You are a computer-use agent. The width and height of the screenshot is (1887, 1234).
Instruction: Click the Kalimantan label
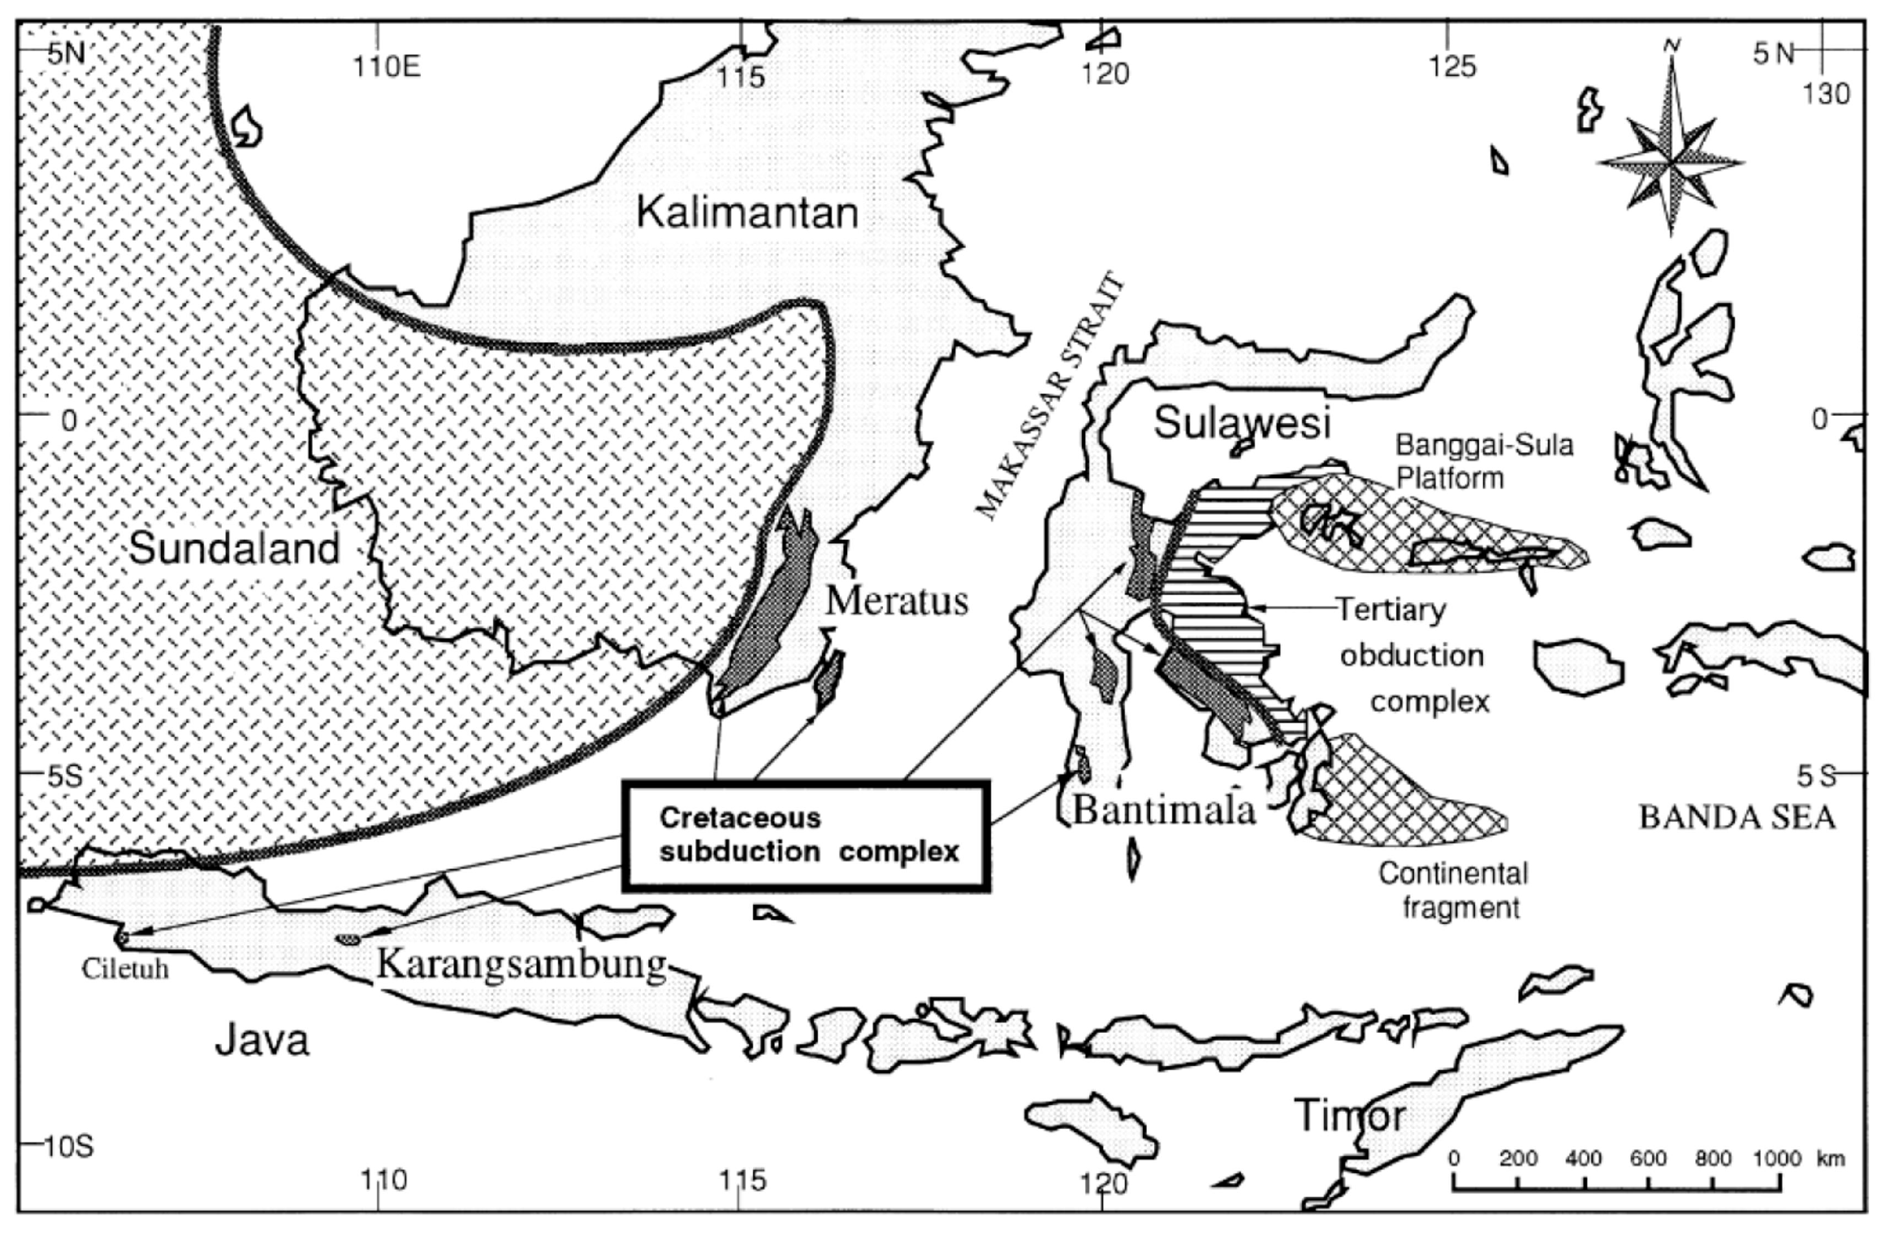[747, 213]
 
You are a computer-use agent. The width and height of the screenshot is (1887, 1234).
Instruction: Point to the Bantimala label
[1164, 810]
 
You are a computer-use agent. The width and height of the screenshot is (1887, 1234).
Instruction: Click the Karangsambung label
[521, 963]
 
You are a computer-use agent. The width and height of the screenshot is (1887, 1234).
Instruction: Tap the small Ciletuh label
[125, 969]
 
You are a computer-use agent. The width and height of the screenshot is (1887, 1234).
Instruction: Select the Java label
[261, 1041]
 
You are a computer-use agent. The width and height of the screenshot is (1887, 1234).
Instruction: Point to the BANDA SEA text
[1737, 817]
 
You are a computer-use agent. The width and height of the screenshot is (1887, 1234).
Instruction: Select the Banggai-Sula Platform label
[1483, 461]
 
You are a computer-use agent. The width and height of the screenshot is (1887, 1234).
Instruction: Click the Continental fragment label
[1452, 889]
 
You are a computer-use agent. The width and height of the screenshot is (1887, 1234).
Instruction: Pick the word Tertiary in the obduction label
[1392, 610]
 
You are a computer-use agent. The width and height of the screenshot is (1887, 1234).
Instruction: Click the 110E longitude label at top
[386, 68]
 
